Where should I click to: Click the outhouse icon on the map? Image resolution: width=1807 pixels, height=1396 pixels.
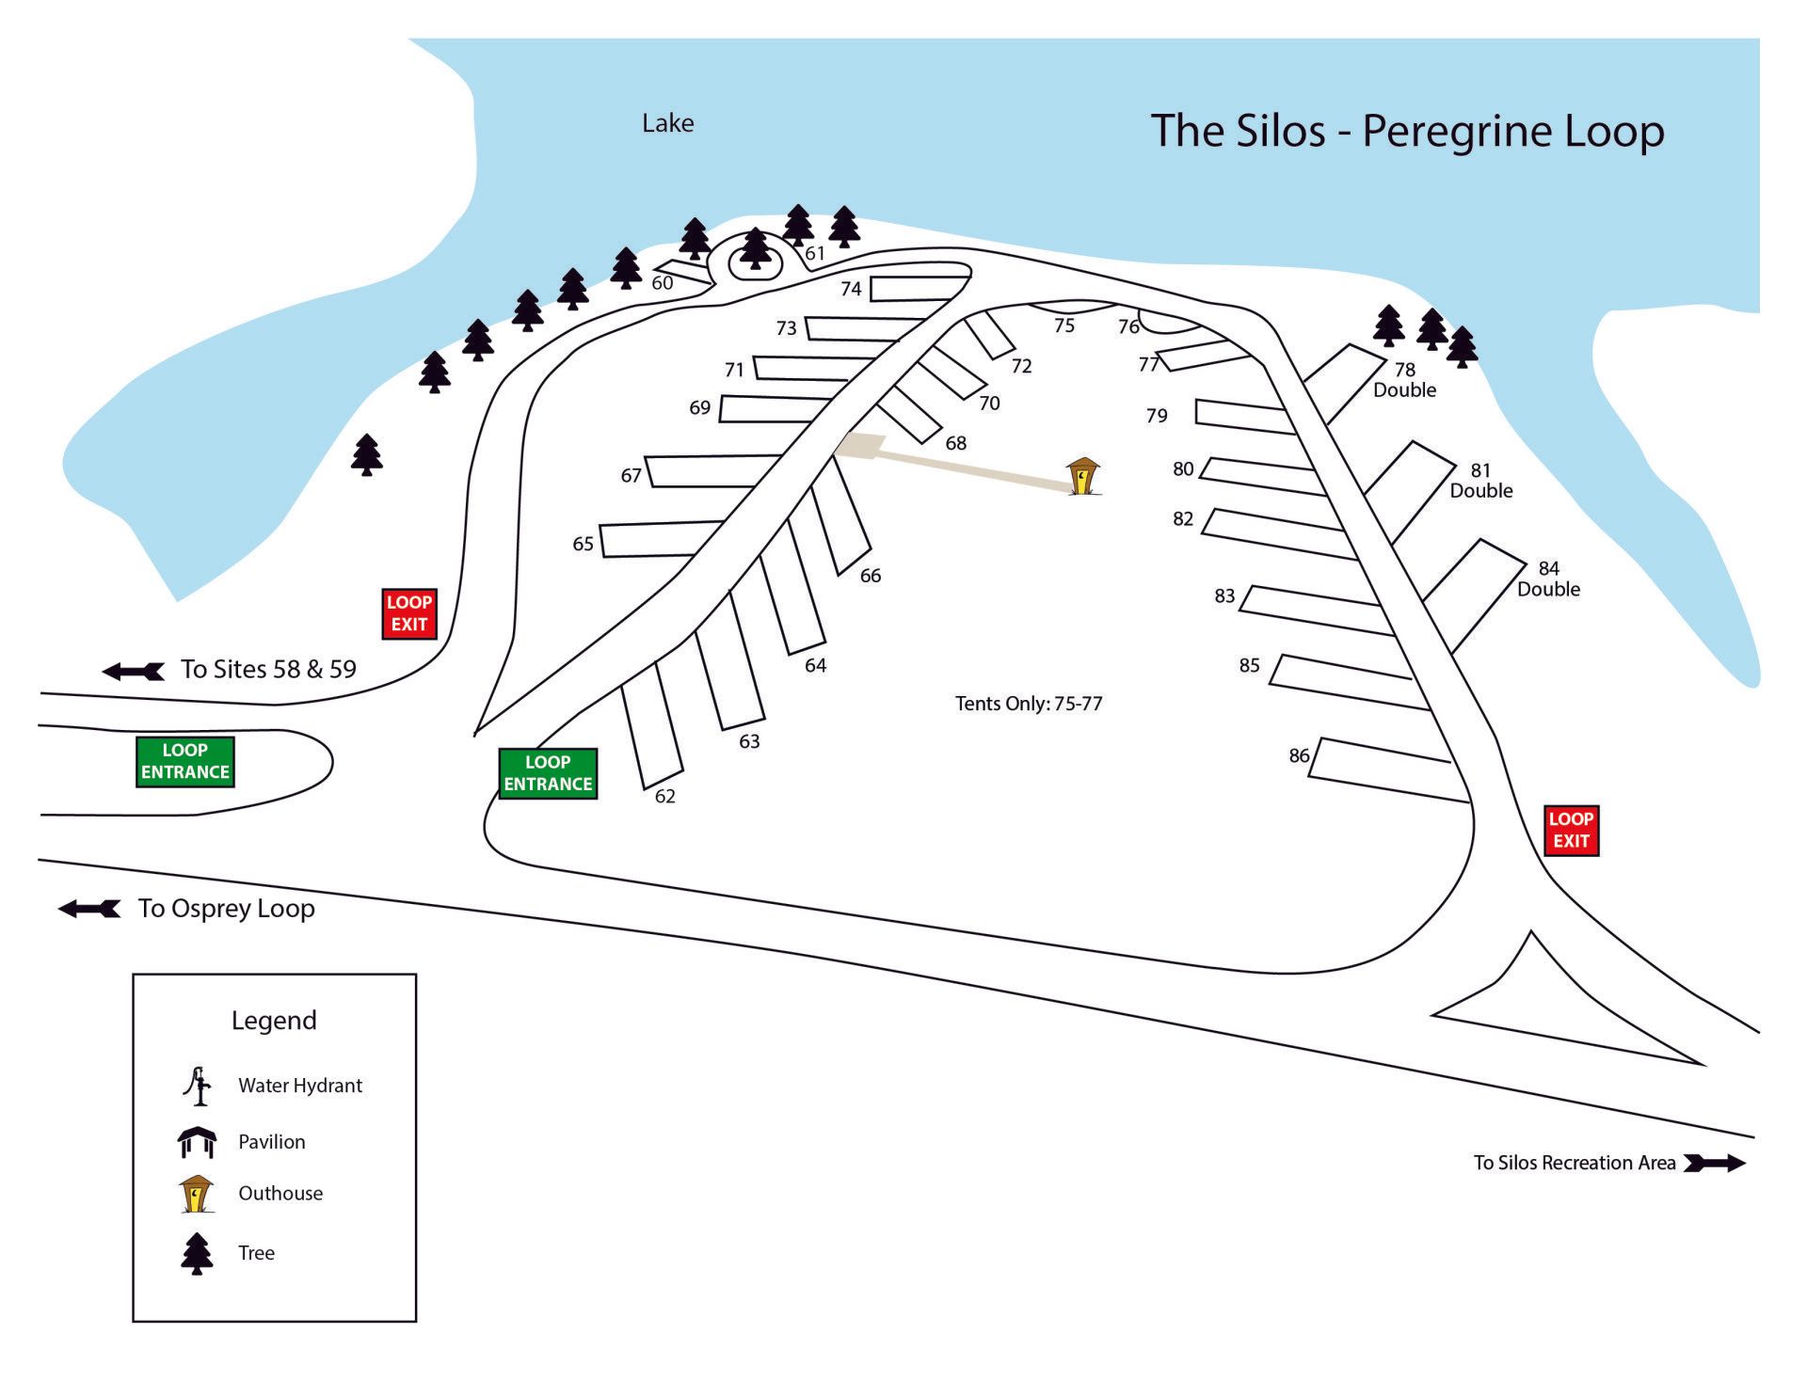[1083, 476]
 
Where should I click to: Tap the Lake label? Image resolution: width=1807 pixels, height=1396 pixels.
[667, 123]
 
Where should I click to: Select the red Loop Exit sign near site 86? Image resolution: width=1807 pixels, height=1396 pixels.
[1571, 830]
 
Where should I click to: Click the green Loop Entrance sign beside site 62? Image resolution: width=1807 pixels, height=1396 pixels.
[548, 773]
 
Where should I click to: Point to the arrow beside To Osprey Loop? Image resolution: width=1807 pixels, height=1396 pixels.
[90, 908]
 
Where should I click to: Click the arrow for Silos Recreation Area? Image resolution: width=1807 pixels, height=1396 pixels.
[1715, 1163]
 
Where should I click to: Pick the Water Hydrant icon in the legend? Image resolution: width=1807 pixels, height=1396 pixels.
[197, 1086]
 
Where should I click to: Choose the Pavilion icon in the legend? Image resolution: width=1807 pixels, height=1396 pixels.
[197, 1142]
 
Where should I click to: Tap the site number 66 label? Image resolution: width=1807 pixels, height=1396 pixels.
[871, 576]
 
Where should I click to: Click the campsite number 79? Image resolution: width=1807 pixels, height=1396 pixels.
[1157, 416]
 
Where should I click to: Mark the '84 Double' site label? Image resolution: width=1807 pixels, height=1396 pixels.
[1548, 579]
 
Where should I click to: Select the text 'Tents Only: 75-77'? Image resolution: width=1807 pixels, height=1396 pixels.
[1029, 704]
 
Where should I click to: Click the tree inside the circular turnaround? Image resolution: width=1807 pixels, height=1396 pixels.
[755, 249]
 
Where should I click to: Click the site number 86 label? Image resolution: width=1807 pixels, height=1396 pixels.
[1299, 755]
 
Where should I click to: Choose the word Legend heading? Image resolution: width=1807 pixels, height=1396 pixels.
[274, 1021]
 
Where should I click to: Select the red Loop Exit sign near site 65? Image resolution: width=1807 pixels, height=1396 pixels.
[409, 613]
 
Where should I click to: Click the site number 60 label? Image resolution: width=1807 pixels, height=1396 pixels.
[663, 283]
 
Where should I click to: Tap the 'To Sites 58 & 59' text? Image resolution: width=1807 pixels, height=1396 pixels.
[268, 670]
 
